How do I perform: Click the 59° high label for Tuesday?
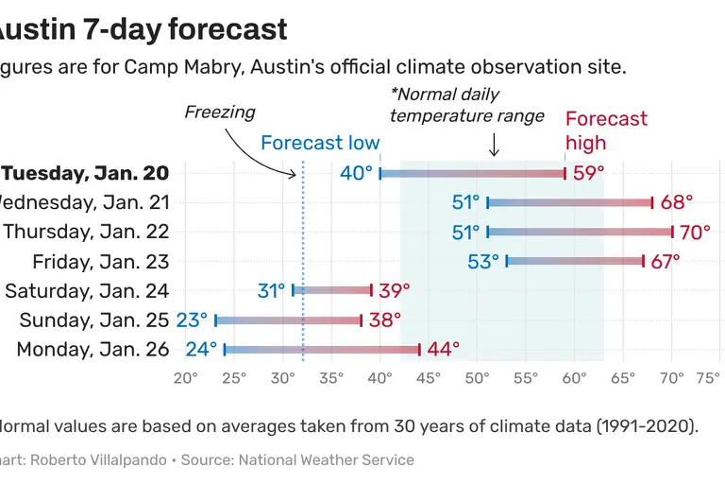588,173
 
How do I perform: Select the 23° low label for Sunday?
192,320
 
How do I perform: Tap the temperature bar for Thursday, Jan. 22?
580,232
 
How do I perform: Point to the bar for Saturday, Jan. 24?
332,290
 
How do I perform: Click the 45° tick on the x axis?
429,380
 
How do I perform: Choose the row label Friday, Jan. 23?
101,262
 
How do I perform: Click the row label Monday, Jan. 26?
93,350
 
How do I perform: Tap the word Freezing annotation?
219,112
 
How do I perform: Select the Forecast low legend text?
320,144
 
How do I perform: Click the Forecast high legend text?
606,130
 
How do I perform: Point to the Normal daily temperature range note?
466,105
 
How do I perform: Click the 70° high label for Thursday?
696,232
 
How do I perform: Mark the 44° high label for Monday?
443,350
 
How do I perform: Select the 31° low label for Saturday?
271,291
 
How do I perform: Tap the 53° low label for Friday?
483,262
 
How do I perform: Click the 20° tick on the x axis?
186,380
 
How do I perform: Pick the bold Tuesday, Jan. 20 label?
86,173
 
